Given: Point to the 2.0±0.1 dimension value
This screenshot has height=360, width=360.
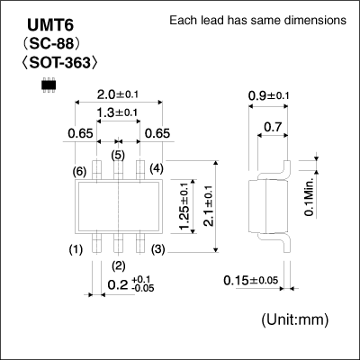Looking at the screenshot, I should [x=117, y=94].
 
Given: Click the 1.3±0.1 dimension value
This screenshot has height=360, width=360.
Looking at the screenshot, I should [x=117, y=112].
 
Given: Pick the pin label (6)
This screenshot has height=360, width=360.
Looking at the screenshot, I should [x=79, y=170].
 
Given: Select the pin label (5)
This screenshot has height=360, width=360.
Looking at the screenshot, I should [x=118, y=155].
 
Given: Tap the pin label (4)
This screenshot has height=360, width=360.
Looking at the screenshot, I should [x=157, y=168].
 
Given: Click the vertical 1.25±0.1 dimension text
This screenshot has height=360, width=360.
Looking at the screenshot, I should [x=184, y=207].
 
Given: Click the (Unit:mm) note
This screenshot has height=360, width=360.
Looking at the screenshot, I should [x=296, y=320].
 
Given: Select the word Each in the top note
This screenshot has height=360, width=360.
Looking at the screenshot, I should [x=184, y=21].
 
